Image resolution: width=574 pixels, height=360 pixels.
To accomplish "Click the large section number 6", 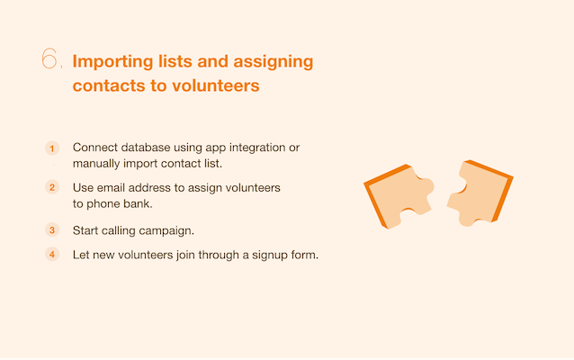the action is (x=49, y=58).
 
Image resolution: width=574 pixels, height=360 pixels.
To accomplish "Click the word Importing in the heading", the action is (x=112, y=62).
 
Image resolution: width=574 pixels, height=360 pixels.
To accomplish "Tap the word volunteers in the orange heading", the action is (x=216, y=85).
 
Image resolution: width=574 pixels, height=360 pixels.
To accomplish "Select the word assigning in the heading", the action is (x=274, y=62).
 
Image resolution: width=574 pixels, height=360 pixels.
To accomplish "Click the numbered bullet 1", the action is (x=52, y=148).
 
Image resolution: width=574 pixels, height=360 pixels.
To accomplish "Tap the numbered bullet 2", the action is (x=52, y=187).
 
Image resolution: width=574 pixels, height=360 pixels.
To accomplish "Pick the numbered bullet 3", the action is (x=52, y=230).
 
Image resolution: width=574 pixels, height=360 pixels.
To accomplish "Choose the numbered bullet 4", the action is (x=52, y=255).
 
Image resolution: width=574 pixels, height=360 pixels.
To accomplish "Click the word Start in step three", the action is (x=85, y=230).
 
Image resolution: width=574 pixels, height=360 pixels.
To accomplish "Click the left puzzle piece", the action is (x=399, y=196).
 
